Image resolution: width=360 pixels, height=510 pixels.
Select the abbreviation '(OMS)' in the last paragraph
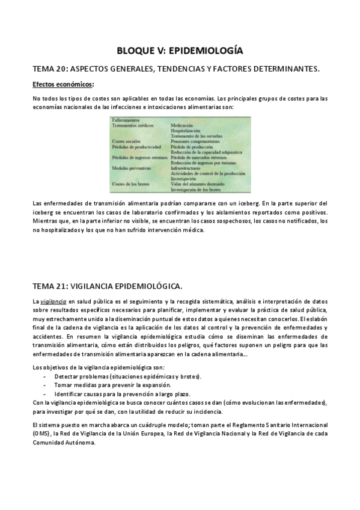click(41, 433)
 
